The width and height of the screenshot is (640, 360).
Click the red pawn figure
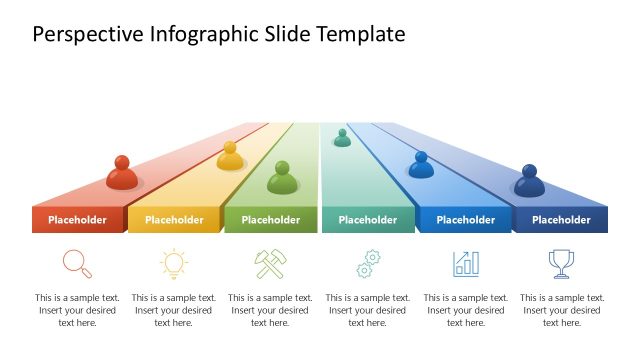click(x=122, y=173)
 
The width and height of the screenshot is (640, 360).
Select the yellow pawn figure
click(x=231, y=156)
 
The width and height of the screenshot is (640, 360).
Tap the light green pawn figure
click(x=283, y=179)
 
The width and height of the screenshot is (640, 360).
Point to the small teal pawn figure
click(x=342, y=138)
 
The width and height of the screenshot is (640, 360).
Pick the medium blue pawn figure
click(x=421, y=166)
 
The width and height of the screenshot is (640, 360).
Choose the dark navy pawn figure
click(x=529, y=182)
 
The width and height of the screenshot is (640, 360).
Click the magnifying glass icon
click(x=77, y=263)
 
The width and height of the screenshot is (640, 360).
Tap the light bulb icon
click(x=174, y=263)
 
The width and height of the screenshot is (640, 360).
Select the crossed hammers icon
click(x=270, y=263)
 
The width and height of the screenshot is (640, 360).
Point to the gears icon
click(x=368, y=264)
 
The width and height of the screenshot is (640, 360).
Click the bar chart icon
click(x=466, y=263)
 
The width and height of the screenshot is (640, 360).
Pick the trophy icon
click(x=561, y=263)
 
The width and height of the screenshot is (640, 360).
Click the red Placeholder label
click(x=77, y=220)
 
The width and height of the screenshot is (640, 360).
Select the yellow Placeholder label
click(x=174, y=220)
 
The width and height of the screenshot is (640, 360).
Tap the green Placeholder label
click(x=271, y=220)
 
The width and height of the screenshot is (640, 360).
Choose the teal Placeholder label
click(x=367, y=220)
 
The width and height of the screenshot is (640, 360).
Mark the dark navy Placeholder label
click(x=561, y=220)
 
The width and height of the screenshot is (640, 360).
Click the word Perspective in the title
click(x=87, y=35)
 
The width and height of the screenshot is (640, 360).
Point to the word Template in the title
click(x=360, y=35)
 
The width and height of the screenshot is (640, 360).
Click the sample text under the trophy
click(x=562, y=310)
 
